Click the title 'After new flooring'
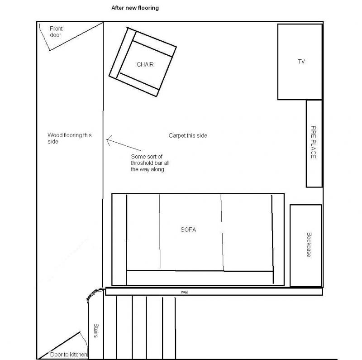[x=135, y=8]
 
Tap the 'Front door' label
[x=56, y=32]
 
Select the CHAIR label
[x=145, y=64]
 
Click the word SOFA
[x=188, y=230]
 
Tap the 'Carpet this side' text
[x=188, y=136]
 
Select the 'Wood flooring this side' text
[x=70, y=138]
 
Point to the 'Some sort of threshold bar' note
[x=150, y=163]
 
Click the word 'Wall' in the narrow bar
[x=185, y=292]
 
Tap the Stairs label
[x=96, y=331]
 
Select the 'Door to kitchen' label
[x=69, y=355]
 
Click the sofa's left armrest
[x=119, y=240]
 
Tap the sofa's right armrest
[x=278, y=240]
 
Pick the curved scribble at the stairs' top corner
[x=94, y=293]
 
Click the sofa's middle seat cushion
[x=191, y=232]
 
